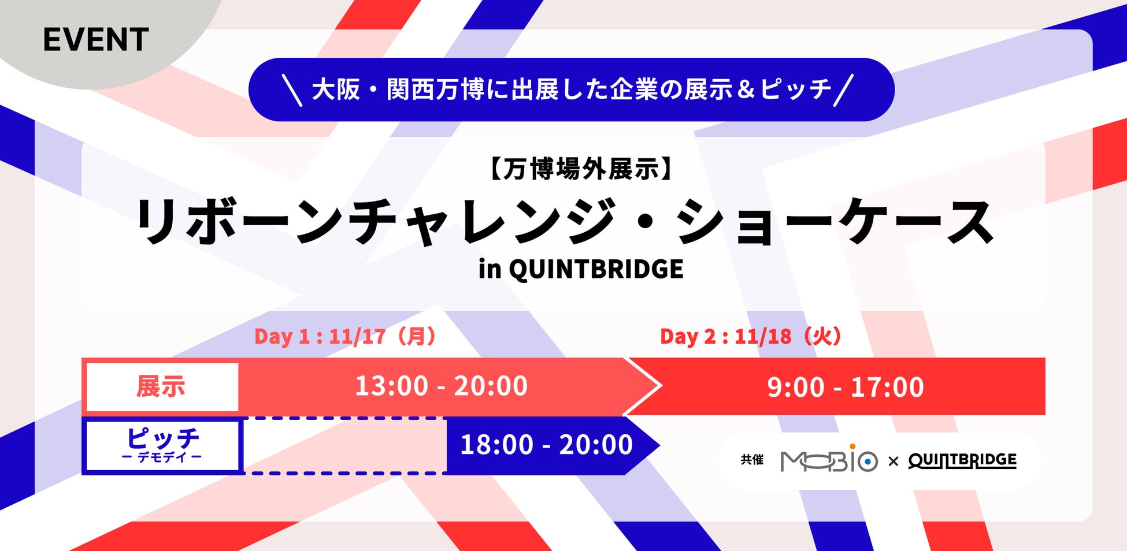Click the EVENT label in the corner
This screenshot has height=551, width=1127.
coord(96,40)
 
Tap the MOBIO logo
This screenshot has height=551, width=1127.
coord(829,459)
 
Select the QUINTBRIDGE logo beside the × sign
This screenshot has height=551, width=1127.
coord(962,460)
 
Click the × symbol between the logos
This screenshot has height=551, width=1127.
coord(893,461)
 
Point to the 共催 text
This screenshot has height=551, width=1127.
coord(752,460)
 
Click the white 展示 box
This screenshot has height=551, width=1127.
coord(161,386)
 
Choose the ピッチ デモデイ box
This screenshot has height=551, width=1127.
coord(162,446)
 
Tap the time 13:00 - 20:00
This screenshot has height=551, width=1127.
coord(441,386)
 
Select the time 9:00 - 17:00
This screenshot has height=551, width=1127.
coord(846,387)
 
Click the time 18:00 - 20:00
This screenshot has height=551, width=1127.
coord(546,445)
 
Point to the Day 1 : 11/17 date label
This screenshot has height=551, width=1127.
coord(345,336)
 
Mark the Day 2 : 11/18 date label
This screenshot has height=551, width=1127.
coord(751,336)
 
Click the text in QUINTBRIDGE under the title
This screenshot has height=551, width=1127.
coord(581,269)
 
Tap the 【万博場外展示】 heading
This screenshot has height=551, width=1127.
coord(581,169)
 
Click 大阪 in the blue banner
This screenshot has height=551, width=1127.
coord(336,90)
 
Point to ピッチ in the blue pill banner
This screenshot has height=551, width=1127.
coord(796,90)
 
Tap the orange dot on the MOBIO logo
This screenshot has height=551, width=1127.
coord(852,446)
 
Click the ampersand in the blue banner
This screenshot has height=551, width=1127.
coord(746,90)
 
